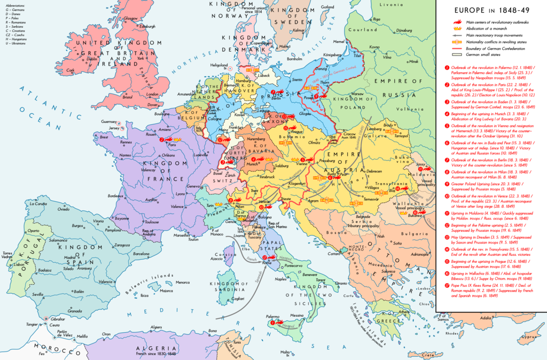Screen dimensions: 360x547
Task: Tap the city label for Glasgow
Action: (x=130, y=18)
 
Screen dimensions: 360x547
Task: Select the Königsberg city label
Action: (x=335, y=54)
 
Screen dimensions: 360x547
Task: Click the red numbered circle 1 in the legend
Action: (x=447, y=68)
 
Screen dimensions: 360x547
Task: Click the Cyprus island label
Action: (x=529, y=337)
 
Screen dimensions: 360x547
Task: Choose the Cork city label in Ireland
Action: (x=71, y=70)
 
